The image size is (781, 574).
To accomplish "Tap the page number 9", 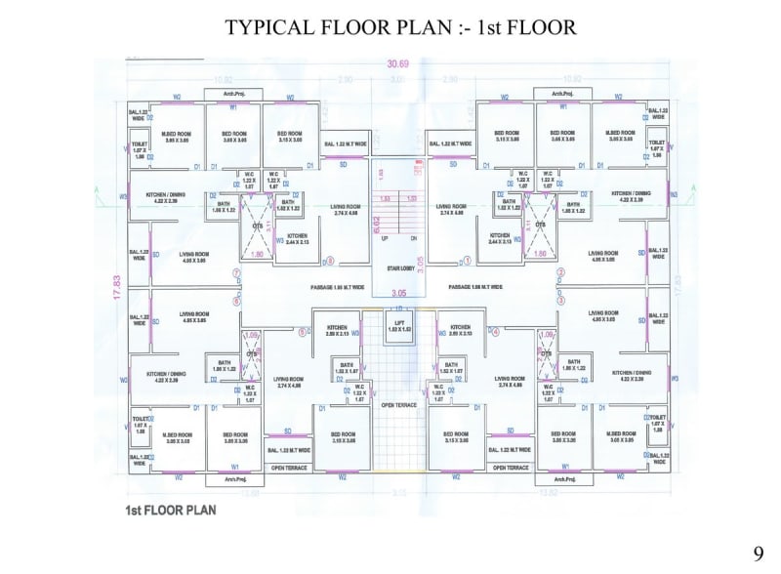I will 758,553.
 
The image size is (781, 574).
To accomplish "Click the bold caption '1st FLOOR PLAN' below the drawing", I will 170,510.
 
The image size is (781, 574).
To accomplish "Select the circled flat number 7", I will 236,272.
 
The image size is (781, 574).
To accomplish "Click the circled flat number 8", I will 330,261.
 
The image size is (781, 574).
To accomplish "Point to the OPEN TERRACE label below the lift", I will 399,404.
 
